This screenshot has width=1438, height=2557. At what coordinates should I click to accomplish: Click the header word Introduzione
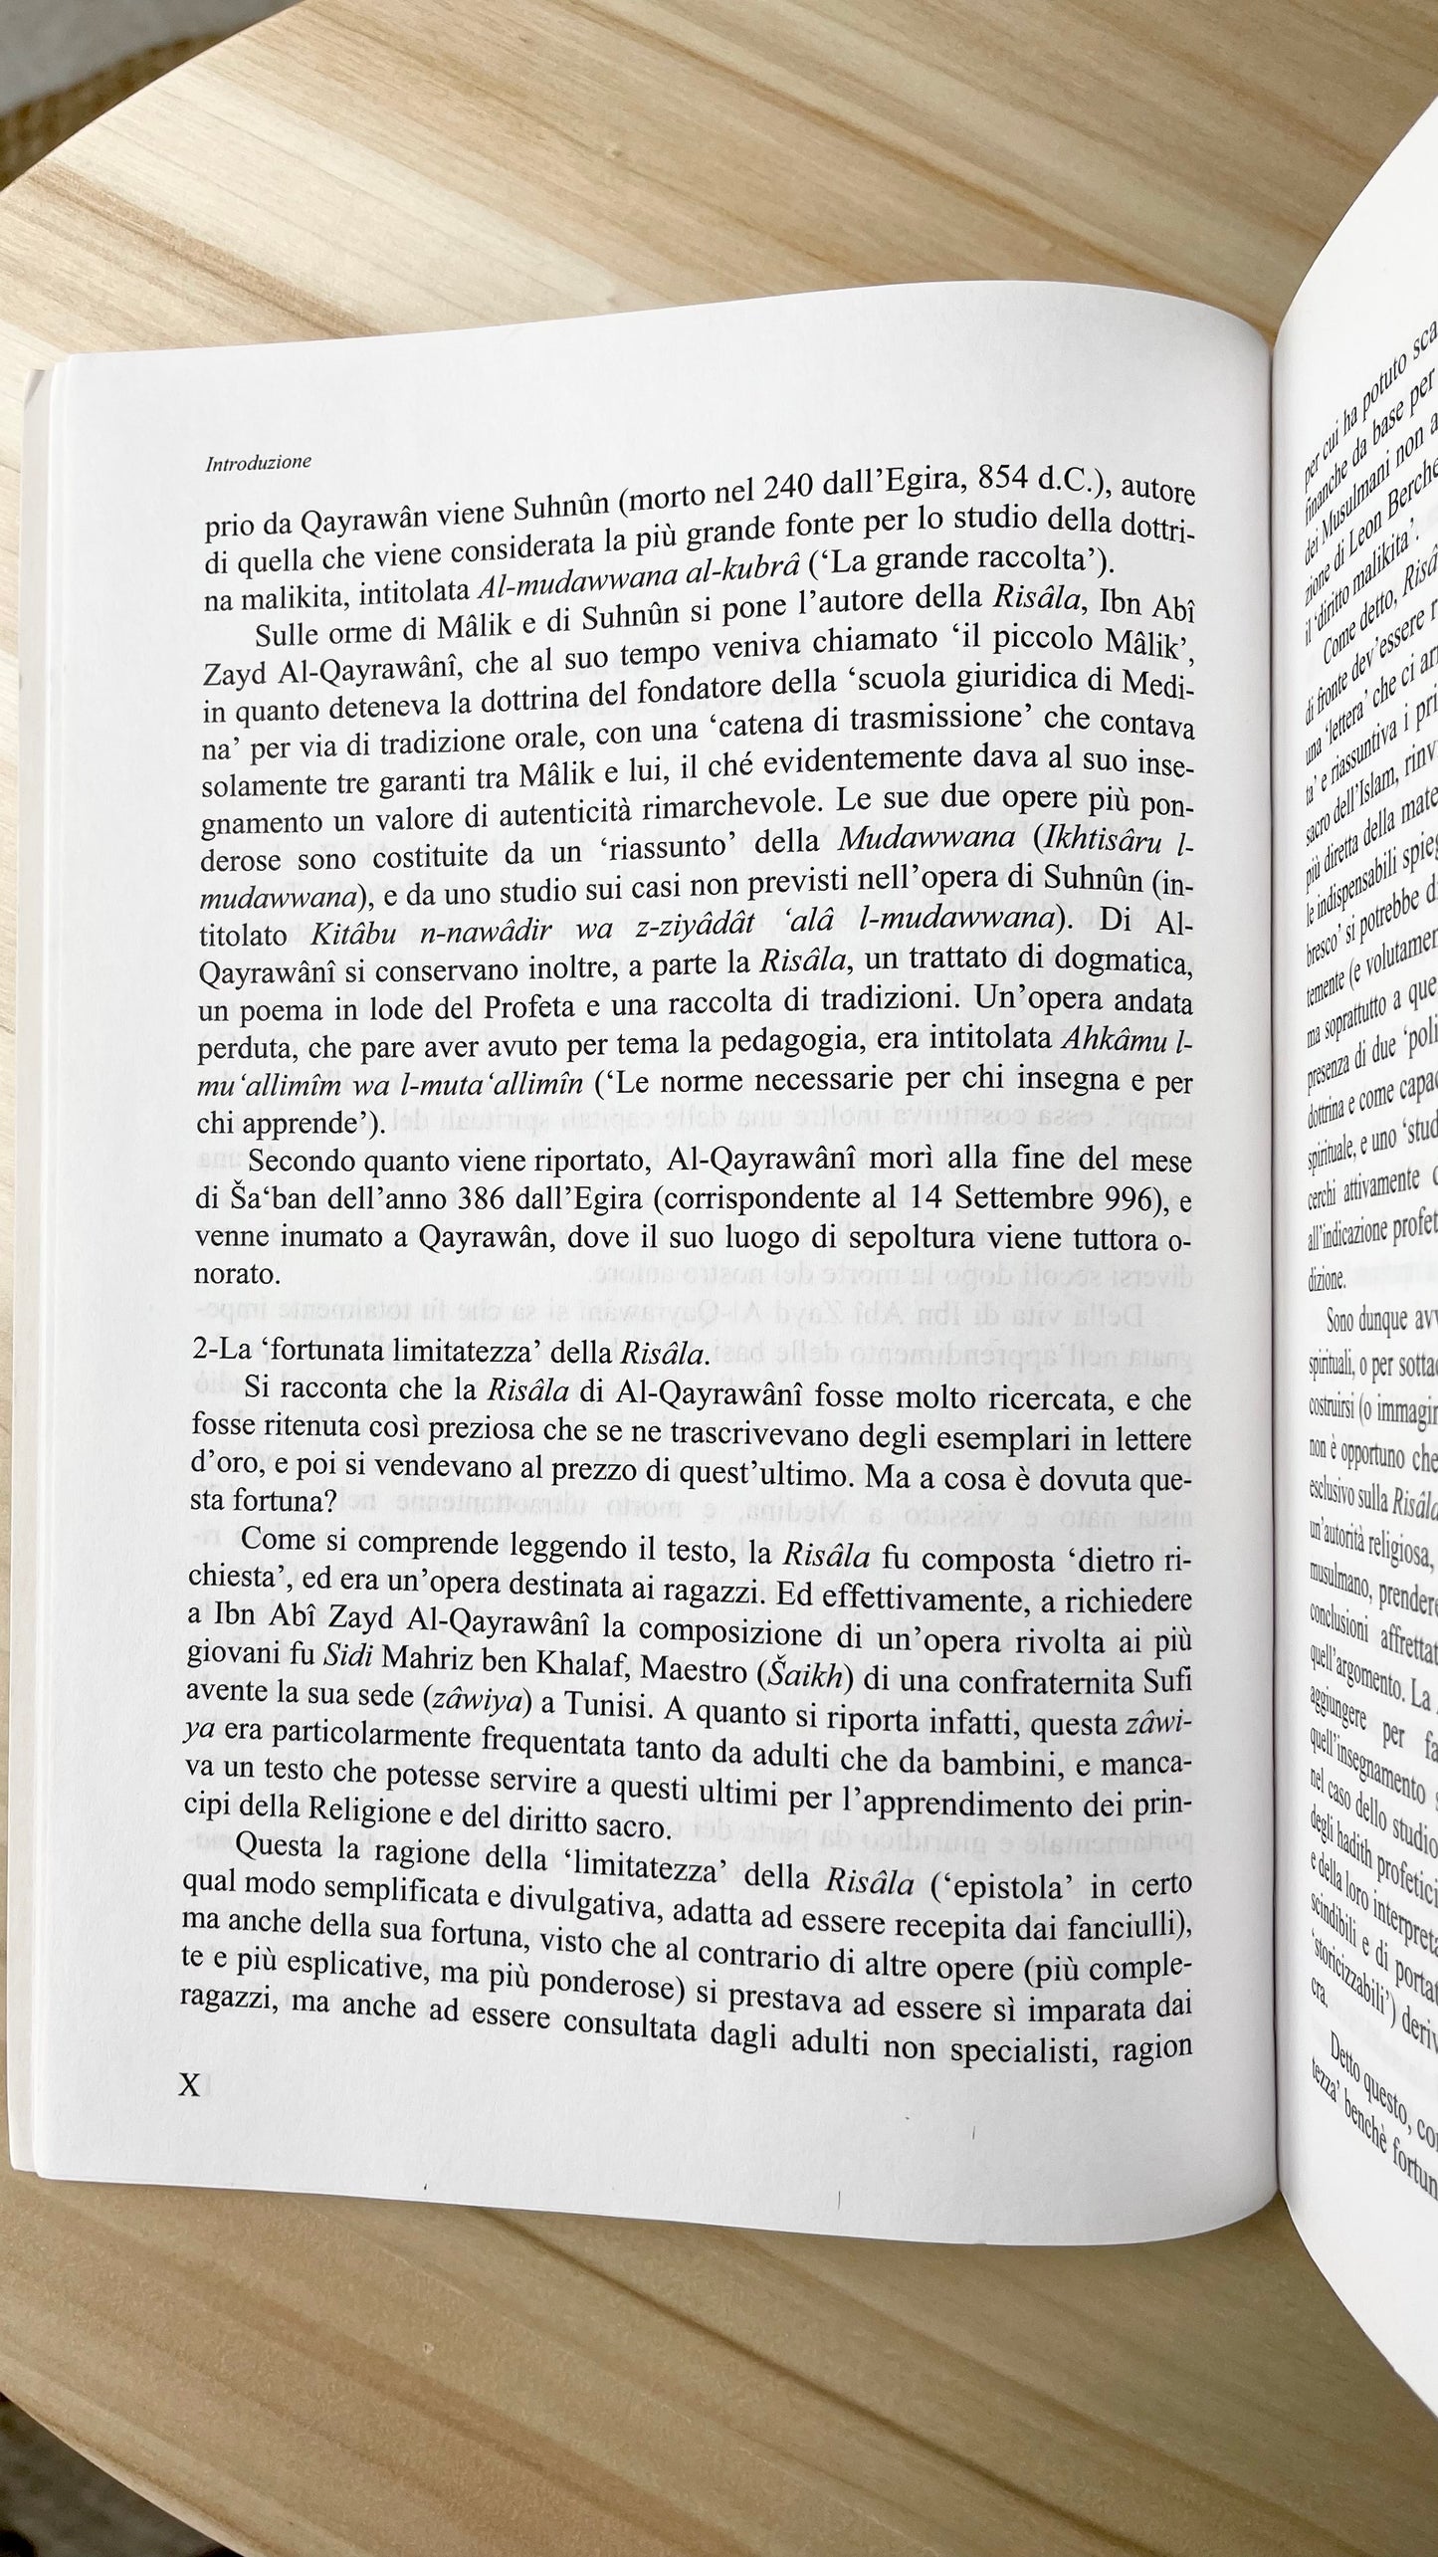(258, 462)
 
